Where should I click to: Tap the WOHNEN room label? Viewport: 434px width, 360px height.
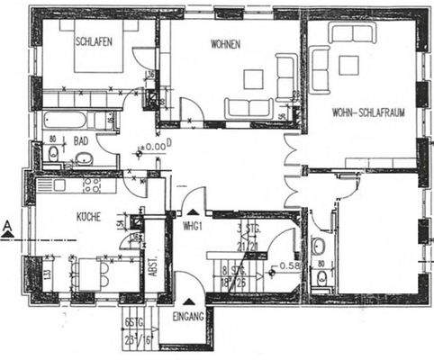coord(225,44)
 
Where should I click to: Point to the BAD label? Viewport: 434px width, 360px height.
coord(81,141)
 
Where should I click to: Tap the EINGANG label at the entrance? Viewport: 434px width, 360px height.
coord(189,317)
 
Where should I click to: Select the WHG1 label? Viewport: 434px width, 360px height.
coord(191,224)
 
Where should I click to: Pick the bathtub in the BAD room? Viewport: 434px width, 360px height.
coord(66,119)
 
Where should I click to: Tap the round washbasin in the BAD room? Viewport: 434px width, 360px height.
coord(83,159)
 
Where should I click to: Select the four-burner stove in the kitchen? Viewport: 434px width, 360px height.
coord(91,184)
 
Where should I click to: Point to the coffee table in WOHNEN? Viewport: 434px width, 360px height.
coord(253,78)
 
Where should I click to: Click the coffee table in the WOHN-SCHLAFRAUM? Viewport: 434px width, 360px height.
coord(348,64)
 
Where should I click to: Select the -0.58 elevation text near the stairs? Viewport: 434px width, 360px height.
coord(285,265)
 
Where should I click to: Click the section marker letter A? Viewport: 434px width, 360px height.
coord(7,226)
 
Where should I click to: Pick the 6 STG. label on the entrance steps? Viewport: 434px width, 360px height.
coord(136,322)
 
